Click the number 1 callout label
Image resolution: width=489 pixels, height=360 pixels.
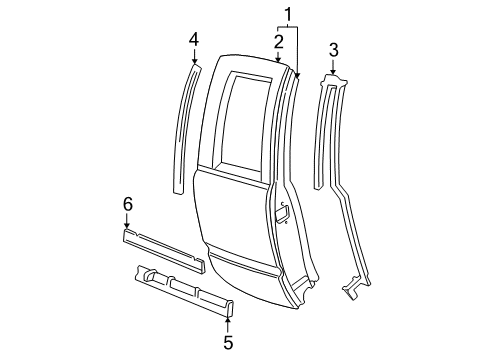tap(288, 14)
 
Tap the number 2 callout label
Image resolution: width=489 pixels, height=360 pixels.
tap(279, 41)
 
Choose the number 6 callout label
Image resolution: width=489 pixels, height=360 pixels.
tap(127, 205)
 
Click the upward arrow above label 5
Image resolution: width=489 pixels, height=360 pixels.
tap(228, 322)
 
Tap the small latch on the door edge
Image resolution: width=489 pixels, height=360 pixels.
tap(283, 211)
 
